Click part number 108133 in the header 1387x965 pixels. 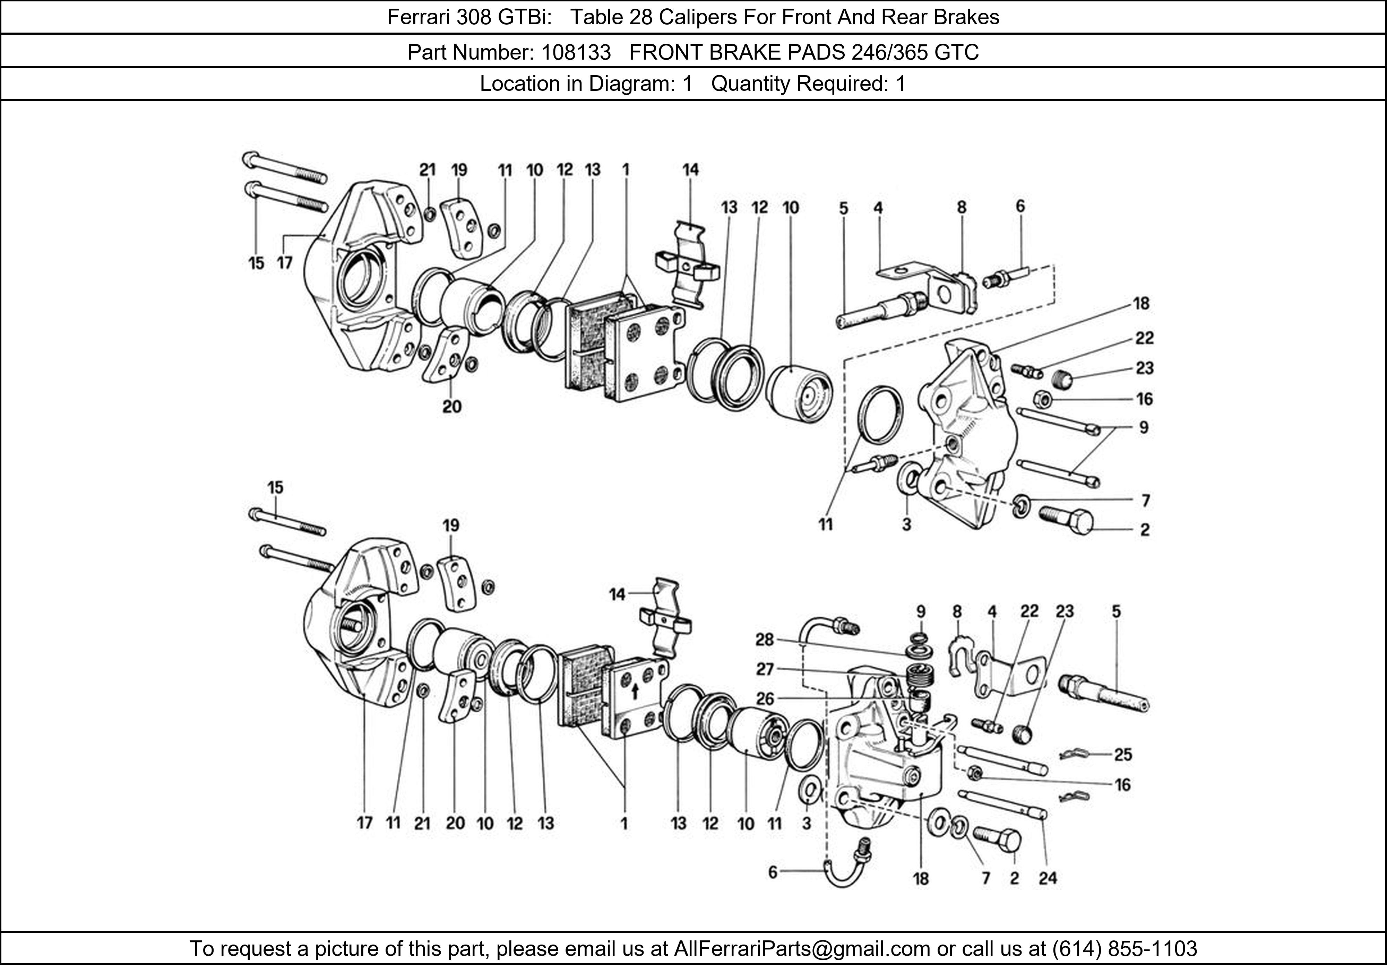click(x=576, y=53)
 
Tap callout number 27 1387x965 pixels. click(x=765, y=669)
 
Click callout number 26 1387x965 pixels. click(x=765, y=699)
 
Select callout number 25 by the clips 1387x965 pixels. click(x=1123, y=754)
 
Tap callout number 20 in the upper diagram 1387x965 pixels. click(x=452, y=406)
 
